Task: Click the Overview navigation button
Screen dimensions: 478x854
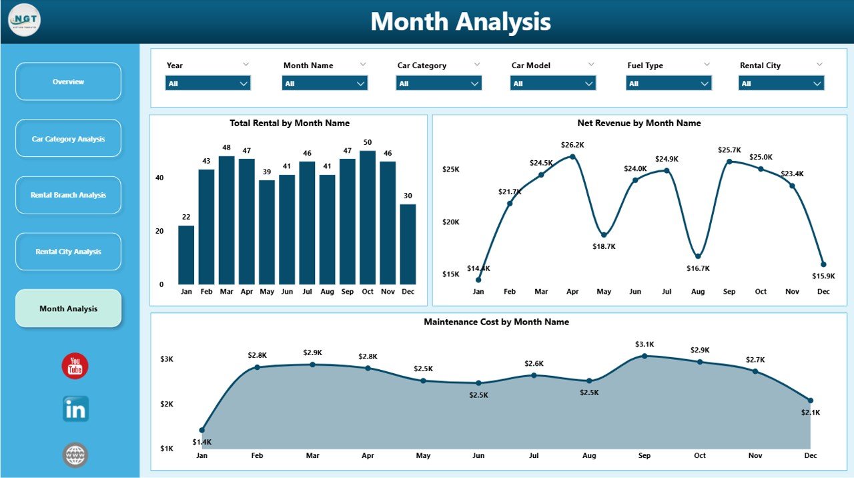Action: coord(68,81)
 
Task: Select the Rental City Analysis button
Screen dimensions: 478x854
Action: coord(68,252)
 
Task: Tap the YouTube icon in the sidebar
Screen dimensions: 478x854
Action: coord(75,366)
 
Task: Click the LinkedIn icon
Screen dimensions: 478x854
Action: coord(75,409)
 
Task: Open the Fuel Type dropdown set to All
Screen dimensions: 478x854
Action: coord(669,83)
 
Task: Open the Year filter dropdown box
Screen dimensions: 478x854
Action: coord(207,83)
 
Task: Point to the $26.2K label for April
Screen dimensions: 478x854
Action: coord(572,144)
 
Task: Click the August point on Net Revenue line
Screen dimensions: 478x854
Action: coord(698,256)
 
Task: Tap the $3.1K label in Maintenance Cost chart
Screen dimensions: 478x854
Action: coord(645,344)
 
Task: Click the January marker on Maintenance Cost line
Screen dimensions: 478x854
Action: coord(202,430)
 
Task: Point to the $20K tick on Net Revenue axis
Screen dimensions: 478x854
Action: coord(450,222)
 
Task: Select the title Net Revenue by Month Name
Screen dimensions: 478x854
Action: coord(638,123)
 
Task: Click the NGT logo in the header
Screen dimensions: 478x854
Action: coord(25,21)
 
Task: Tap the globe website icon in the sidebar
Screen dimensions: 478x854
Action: coord(75,455)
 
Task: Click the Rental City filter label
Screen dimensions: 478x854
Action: coord(760,65)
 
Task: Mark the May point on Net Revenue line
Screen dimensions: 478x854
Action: coord(604,235)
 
